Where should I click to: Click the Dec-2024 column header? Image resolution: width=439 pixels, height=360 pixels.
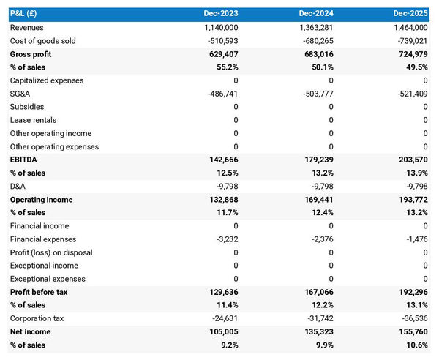(x=315, y=14)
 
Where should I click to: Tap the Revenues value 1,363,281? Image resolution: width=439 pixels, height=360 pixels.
(x=311, y=27)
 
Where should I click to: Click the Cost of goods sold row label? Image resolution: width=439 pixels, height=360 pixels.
(x=42, y=41)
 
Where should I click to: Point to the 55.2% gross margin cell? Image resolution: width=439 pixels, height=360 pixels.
(x=225, y=67)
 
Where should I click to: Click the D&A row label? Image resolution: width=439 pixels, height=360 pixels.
(x=18, y=186)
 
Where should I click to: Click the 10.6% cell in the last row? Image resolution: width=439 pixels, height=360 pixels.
(x=415, y=345)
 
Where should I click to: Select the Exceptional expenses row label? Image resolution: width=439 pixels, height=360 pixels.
(x=48, y=279)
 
